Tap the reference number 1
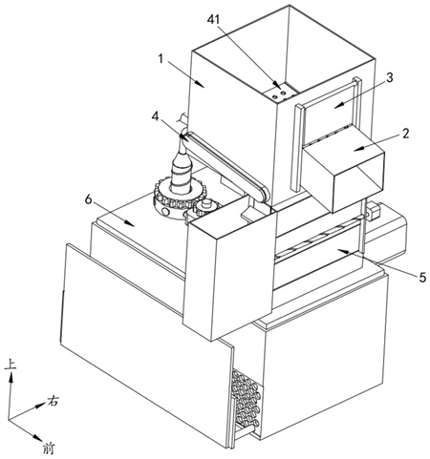[161, 59]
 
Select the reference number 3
[389, 77]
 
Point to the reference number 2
[405, 134]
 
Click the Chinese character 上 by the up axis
[11, 365]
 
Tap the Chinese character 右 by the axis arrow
[53, 401]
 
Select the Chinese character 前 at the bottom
[49, 449]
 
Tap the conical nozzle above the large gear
[183, 170]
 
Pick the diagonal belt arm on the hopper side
[226, 167]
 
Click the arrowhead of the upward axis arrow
[11, 378]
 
